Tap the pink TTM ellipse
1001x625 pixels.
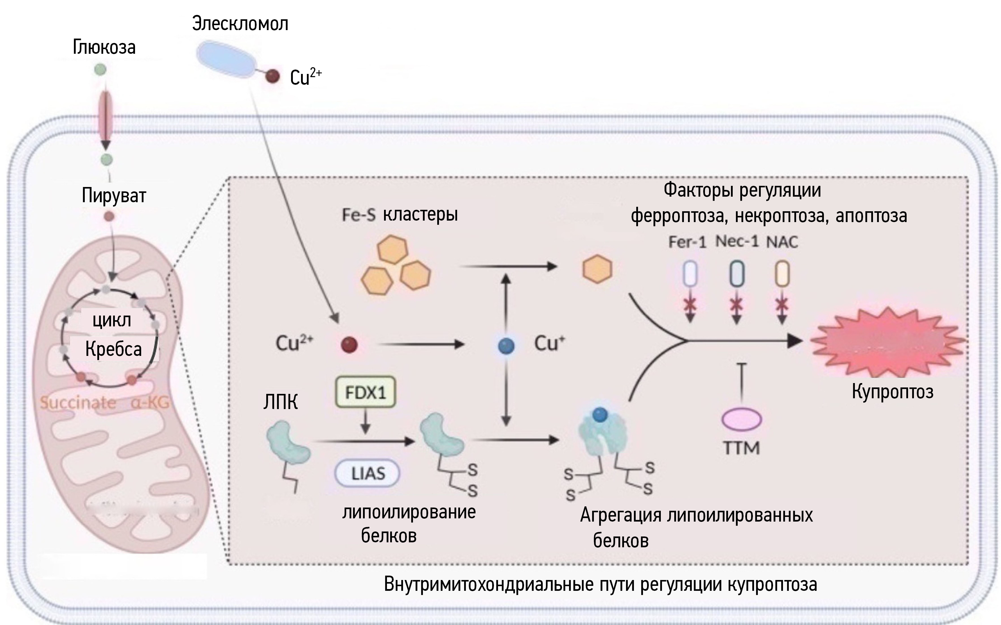741,419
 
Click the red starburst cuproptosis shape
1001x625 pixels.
887,342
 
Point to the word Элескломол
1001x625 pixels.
240,24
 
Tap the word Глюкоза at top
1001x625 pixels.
104,47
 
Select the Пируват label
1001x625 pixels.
114,195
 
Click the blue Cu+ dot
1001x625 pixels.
506,346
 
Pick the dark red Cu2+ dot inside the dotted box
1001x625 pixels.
349,344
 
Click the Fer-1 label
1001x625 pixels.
687,242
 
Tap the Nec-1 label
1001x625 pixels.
737,241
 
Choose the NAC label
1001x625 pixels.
782,242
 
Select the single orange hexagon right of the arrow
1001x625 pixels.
597,269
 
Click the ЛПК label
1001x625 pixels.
280,402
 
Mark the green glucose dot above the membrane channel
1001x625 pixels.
100,70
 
